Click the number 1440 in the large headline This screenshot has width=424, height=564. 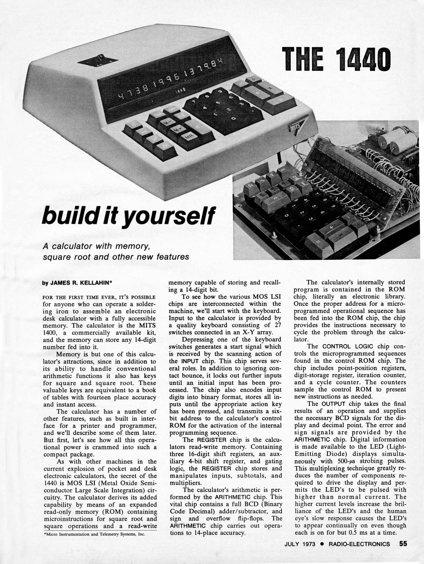(x=363, y=60)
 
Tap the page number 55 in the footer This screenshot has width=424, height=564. (x=403, y=543)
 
